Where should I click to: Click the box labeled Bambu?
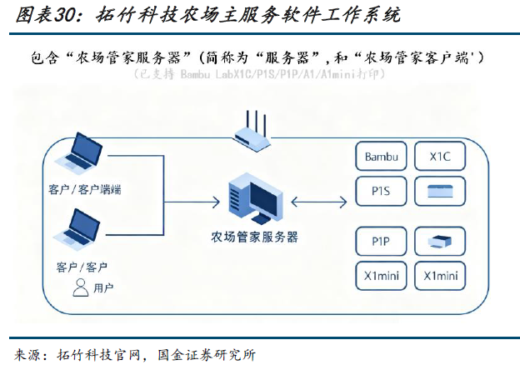[382, 157]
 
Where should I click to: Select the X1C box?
[441, 157]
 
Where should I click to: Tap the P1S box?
[382, 191]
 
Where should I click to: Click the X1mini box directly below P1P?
[382, 276]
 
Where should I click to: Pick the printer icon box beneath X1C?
[441, 191]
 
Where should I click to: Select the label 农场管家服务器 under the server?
[254, 237]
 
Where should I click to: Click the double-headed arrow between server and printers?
[321, 199]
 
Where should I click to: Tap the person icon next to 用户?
[81, 287]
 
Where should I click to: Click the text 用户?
[104, 288]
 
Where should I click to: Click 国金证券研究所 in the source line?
[206, 354]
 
